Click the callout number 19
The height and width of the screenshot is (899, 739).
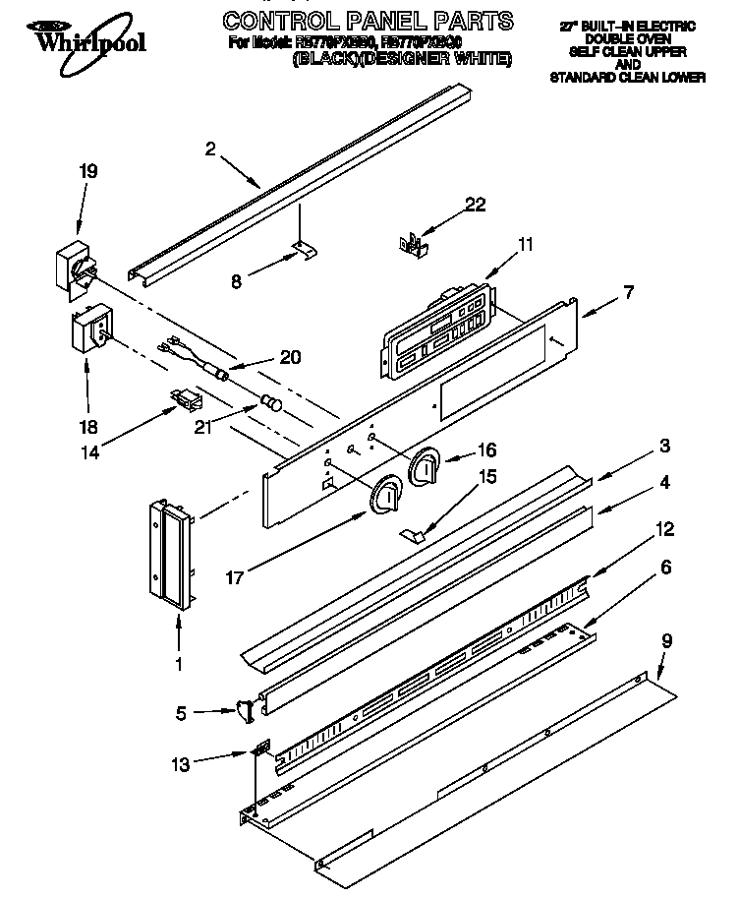[x=87, y=170]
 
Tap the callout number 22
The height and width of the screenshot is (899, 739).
[x=475, y=205]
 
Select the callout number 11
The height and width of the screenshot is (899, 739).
[x=526, y=244]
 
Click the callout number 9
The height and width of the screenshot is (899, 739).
[x=666, y=640]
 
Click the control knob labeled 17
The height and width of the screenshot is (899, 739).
[x=385, y=496]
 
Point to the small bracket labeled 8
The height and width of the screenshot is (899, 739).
[x=306, y=253]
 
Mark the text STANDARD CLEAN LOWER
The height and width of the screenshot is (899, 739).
[x=627, y=78]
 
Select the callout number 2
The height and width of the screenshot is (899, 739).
[x=210, y=150]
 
